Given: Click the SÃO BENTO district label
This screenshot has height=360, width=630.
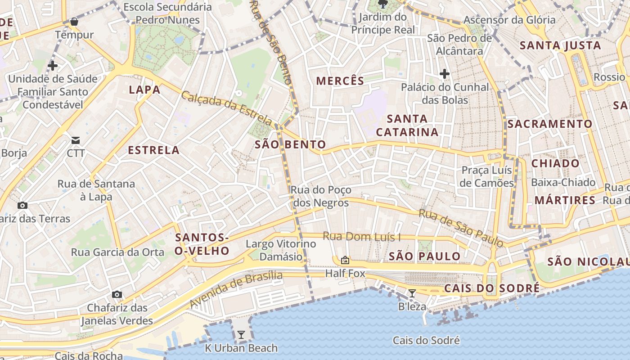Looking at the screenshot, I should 290,144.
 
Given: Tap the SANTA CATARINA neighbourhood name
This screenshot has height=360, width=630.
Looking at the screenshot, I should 407,126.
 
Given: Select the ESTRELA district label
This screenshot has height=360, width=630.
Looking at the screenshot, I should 154,150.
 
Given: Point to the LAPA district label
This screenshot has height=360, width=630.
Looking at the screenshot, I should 145,90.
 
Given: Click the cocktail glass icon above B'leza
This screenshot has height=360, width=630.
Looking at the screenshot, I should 412,293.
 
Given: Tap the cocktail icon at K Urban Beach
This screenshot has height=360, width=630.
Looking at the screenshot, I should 241,334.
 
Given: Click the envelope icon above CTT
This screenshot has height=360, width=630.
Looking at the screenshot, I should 75,140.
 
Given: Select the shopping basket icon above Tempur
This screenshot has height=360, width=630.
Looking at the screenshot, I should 74,22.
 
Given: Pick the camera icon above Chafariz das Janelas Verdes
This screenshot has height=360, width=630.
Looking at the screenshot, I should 117,295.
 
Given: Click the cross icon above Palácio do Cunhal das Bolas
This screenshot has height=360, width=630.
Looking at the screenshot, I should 445,74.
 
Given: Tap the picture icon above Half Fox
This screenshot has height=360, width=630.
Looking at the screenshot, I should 345,260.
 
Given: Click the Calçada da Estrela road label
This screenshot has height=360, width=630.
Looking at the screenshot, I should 227,108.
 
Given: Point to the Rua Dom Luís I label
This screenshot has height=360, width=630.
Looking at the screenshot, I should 362,237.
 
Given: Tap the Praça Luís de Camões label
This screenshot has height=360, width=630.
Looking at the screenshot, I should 487,176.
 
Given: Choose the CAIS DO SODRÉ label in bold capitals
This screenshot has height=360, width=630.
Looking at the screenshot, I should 491,288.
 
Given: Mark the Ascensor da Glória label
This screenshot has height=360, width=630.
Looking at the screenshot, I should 509,20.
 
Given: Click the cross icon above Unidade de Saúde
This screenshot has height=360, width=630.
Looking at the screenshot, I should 53,66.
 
